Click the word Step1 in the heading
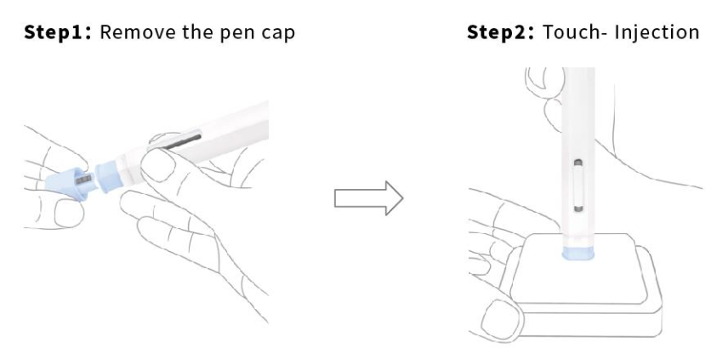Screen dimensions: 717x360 click(58, 32)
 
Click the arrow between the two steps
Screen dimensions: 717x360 click(368, 198)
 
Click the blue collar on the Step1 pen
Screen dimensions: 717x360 click(107, 176)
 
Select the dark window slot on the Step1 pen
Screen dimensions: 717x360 click(182, 141)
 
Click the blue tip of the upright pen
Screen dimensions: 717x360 click(578, 253)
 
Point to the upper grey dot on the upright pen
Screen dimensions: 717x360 click(578, 163)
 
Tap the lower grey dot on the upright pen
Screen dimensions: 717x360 click(578, 209)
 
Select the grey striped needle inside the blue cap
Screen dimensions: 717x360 click(83, 180)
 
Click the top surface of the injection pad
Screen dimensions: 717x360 click(578, 267)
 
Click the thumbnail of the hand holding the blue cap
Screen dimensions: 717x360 click(69, 214)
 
